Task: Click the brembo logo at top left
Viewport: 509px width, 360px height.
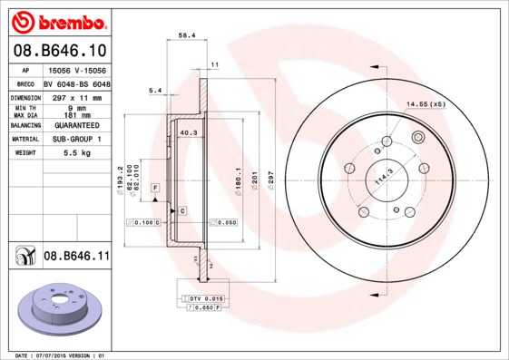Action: click(x=59, y=20)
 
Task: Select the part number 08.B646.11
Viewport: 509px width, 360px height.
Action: click(x=76, y=257)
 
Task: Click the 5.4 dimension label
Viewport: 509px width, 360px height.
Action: click(x=154, y=91)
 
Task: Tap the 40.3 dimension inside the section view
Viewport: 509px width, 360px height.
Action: click(x=190, y=133)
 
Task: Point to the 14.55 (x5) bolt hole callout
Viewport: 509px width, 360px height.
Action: click(x=426, y=104)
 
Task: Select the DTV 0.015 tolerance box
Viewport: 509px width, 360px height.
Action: click(x=205, y=298)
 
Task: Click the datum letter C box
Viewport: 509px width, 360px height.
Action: click(x=182, y=211)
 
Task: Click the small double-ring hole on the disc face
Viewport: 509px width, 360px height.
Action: click(x=418, y=138)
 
